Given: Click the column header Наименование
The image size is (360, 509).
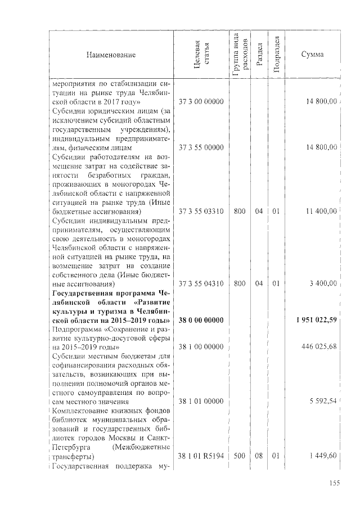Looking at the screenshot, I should pyautogui.click(x=111, y=55).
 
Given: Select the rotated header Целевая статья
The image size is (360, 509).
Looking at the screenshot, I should pyautogui.click(x=201, y=55).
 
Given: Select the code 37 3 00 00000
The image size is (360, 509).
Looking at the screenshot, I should pyautogui.click(x=201, y=101).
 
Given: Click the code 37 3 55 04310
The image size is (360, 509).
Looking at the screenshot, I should pyautogui.click(x=201, y=284).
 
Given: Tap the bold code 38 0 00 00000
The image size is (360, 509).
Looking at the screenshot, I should pyautogui.click(x=201, y=321).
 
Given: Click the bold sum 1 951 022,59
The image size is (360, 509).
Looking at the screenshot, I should pyautogui.click(x=316, y=321).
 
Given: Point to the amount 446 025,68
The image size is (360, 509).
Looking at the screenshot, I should pyautogui.click(x=319, y=346).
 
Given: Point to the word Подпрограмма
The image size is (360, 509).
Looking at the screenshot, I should pyautogui.click(x=75, y=329).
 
